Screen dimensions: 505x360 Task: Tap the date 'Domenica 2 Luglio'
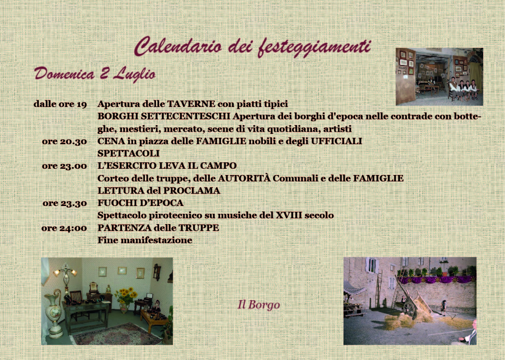click(95, 74)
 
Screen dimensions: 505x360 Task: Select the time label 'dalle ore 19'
click(60, 105)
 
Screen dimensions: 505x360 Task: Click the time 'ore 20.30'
click(65, 142)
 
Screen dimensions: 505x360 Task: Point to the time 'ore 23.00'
click(65, 166)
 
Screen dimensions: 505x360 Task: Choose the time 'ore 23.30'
click(65, 204)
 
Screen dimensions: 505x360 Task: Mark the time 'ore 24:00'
click(64, 228)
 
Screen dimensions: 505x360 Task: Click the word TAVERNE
click(191, 104)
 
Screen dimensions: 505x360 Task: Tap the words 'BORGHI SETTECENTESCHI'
click(164, 116)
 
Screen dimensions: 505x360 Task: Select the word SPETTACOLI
click(129, 154)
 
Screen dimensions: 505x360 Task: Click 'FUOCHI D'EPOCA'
click(140, 203)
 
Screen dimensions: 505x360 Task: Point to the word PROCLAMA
click(192, 191)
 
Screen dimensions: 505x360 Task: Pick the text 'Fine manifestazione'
click(145, 240)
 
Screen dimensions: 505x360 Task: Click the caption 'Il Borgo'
click(259, 305)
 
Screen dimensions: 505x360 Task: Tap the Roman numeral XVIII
click(289, 215)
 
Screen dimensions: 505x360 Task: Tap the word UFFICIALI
click(336, 141)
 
